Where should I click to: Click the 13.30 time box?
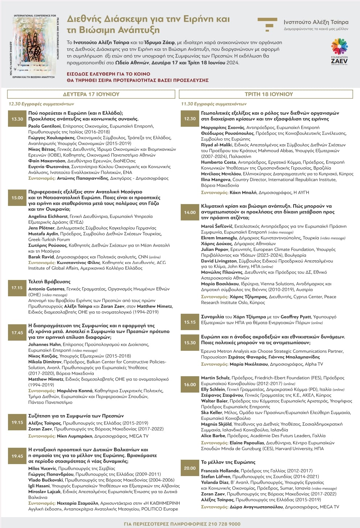pos(17,119)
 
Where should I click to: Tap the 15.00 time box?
pos(17,198)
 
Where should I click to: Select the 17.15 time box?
pos(17,288)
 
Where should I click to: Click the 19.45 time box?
pos(17,456)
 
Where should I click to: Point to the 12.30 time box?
pos(190,119)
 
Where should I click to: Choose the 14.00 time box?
pos(190,212)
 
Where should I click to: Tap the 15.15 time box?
pos(190,322)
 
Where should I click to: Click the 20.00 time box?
pos(190,468)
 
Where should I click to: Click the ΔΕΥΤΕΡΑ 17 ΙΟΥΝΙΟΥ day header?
pos(91,94)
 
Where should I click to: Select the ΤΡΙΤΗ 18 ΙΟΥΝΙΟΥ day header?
pos(269,94)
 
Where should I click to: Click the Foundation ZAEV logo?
pos(339,51)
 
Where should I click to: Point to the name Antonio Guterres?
pos(46,289)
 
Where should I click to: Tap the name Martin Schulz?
pos(215,378)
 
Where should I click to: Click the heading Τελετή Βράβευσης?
pos(49,281)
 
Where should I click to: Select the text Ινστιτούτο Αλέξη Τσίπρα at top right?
pos(316,22)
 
